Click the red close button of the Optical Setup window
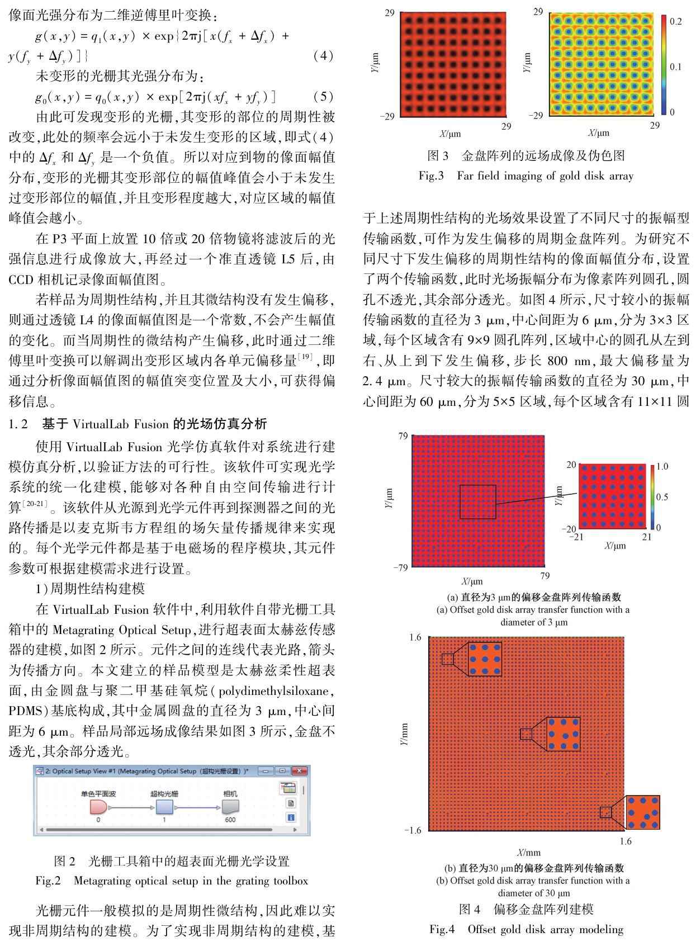300,771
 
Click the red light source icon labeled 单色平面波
98,807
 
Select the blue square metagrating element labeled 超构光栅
164,807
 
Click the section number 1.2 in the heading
18,424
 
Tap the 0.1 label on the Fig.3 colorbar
675,67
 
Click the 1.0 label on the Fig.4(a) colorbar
662,466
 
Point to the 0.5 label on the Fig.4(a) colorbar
662,497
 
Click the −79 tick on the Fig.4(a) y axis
400,567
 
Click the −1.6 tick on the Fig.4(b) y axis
413,831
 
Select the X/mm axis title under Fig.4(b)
528,853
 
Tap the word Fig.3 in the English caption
431,176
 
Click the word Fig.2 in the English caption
48,881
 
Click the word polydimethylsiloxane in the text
273,692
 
